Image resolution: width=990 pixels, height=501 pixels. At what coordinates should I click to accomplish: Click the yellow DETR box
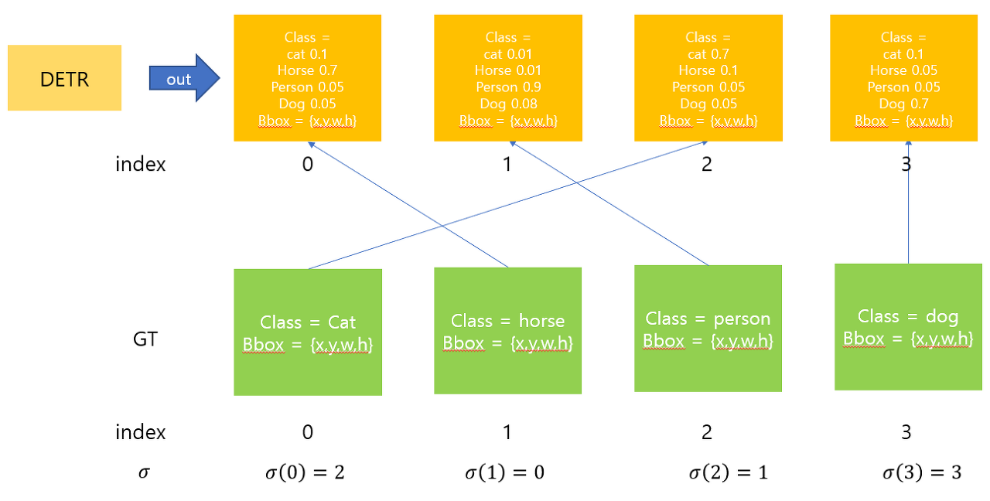click(x=64, y=78)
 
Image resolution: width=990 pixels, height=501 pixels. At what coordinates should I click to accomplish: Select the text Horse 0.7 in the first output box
click(x=307, y=70)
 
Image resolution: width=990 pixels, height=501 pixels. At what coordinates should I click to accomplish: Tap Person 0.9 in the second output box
click(x=507, y=87)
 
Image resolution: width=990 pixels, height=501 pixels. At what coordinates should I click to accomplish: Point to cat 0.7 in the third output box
click(x=708, y=54)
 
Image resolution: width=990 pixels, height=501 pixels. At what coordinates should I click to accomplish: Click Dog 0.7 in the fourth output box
click(x=903, y=104)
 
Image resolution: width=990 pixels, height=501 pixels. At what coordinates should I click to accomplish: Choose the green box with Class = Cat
click(x=308, y=332)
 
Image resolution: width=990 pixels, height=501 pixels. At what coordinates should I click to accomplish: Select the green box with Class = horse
click(x=507, y=331)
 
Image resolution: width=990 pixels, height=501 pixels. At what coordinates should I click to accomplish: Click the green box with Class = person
click(x=708, y=329)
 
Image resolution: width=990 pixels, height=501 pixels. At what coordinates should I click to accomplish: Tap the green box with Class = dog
click(x=908, y=326)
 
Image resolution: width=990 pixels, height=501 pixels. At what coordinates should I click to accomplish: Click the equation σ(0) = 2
click(x=308, y=472)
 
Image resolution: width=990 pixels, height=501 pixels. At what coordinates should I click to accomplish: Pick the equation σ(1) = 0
click(x=504, y=472)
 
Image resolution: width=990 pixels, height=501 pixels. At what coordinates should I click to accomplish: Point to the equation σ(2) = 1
click(x=728, y=472)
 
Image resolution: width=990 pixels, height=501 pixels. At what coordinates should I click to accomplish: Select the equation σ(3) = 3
click(x=922, y=472)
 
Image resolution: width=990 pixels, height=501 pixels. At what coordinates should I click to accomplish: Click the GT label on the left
click(x=145, y=339)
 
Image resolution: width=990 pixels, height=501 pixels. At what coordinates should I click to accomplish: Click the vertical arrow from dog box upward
click(x=908, y=209)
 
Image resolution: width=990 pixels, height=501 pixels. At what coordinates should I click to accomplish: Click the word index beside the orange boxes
click(x=140, y=164)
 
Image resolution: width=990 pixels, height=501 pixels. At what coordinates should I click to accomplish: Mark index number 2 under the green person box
click(x=707, y=432)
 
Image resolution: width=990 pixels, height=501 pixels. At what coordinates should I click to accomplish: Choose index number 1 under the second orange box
click(x=507, y=164)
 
